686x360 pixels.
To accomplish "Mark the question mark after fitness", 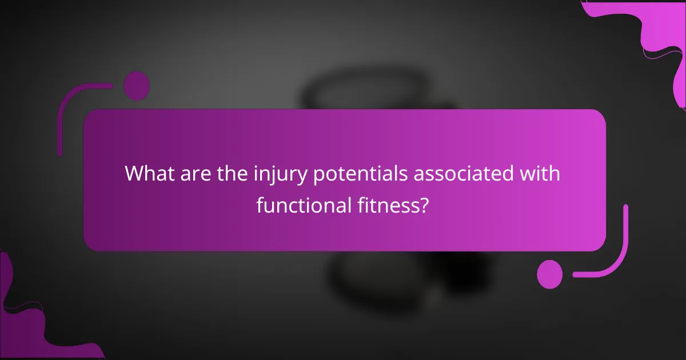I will (x=424, y=204).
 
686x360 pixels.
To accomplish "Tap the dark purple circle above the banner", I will (x=137, y=86).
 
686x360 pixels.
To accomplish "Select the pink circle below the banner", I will (x=550, y=274).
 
